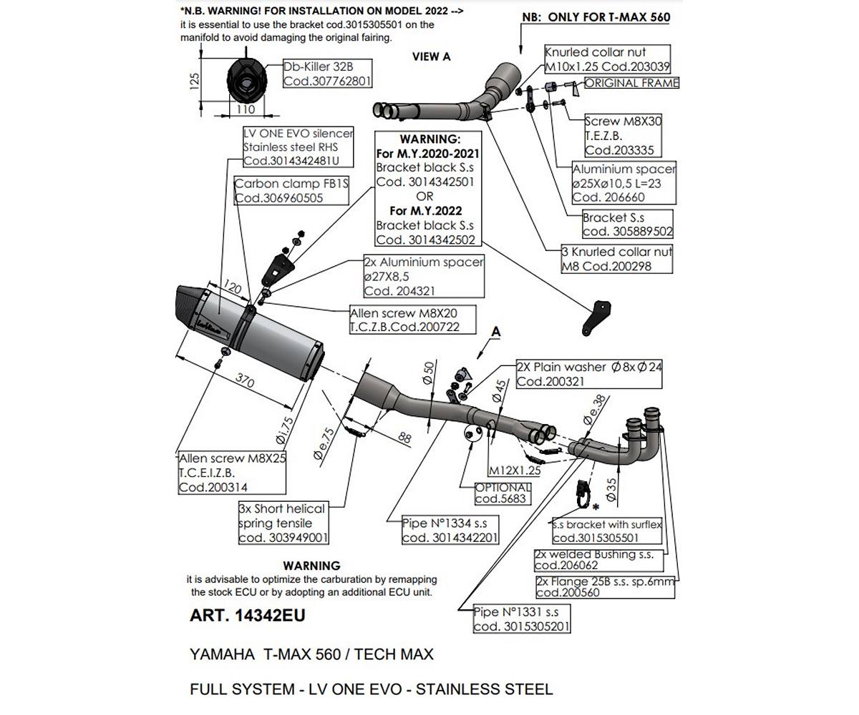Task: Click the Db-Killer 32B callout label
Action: click(x=327, y=74)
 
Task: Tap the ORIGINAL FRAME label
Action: click(x=631, y=83)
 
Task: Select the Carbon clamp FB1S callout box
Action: click(x=291, y=191)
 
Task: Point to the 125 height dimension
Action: click(x=194, y=80)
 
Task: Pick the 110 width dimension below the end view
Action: click(x=245, y=109)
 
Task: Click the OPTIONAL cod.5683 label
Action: click(x=503, y=493)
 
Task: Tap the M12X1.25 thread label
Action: click(x=514, y=470)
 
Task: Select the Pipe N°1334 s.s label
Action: click(x=450, y=531)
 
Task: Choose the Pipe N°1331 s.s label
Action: click(x=522, y=619)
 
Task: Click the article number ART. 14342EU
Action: click(x=247, y=616)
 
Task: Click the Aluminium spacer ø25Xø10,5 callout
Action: click(x=623, y=183)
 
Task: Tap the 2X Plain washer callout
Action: click(x=589, y=374)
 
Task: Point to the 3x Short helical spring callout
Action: click(x=283, y=523)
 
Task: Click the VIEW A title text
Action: click(x=431, y=56)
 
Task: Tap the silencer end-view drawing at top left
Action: click(x=245, y=81)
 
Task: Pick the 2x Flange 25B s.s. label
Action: click(x=605, y=587)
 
